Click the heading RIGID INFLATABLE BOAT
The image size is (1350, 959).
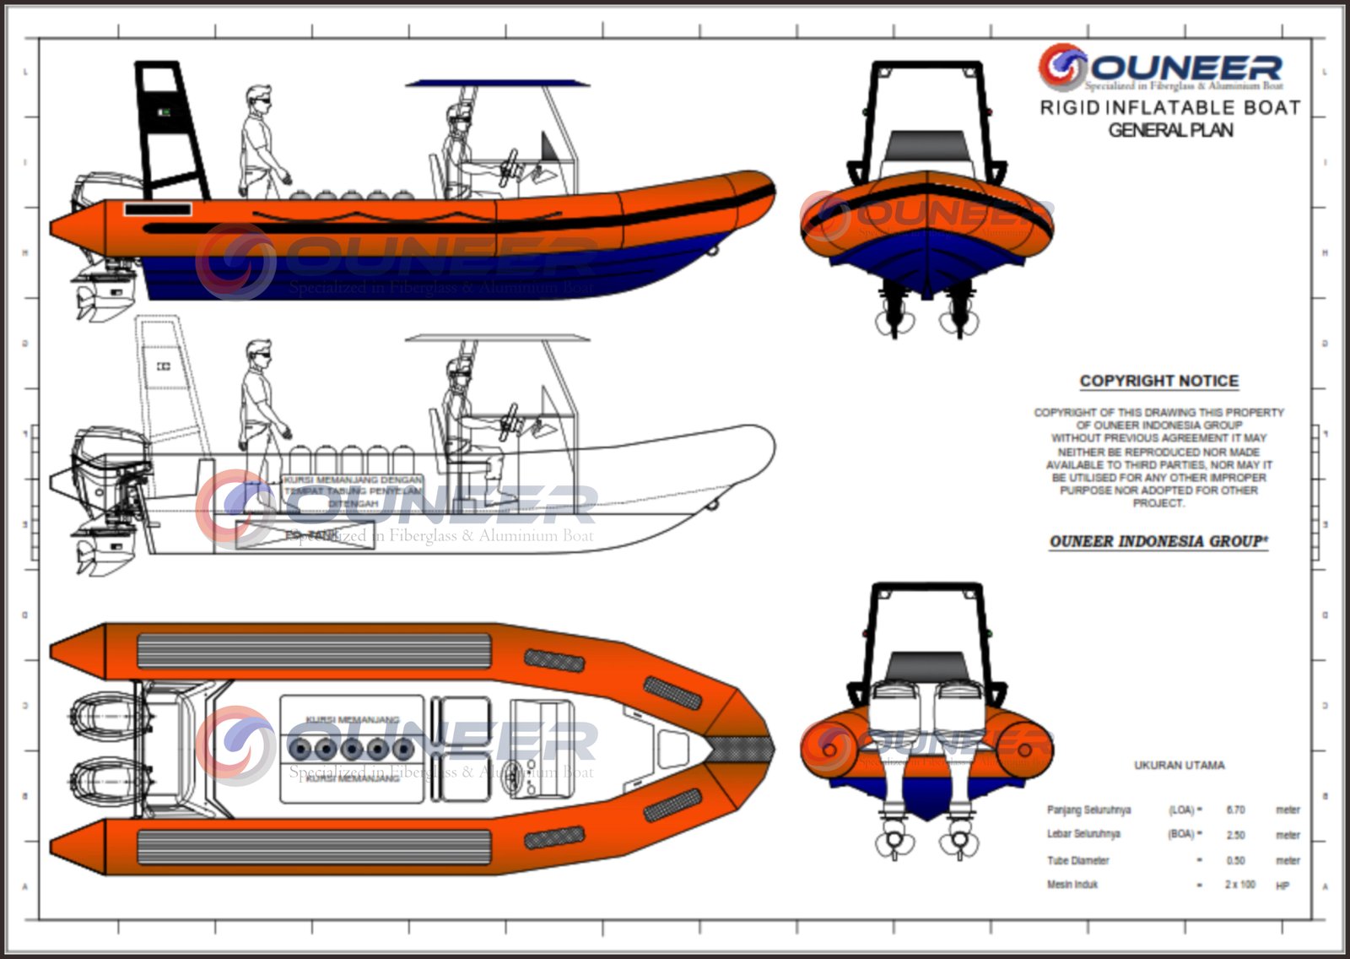[x=1169, y=108]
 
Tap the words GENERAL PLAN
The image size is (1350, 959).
[x=1170, y=130]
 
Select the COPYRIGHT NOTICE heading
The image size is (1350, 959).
[x=1159, y=381]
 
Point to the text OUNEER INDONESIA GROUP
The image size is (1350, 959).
[x=1158, y=541]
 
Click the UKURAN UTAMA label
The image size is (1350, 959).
[x=1179, y=765]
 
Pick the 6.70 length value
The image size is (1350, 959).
[x=1235, y=810]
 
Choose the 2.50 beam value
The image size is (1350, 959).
[x=1235, y=835]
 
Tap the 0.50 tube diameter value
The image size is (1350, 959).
[x=1235, y=860]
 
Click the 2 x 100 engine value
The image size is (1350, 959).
[x=1240, y=885]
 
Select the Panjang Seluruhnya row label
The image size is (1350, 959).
[x=1088, y=810]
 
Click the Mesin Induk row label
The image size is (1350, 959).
[x=1072, y=885]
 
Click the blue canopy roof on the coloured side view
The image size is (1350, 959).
[x=497, y=84]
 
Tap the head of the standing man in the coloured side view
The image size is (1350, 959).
[x=260, y=97]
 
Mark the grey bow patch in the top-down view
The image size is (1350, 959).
[x=740, y=748]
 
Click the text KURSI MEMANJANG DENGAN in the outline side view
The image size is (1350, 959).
[x=353, y=479]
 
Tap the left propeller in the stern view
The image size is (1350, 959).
[x=891, y=843]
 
